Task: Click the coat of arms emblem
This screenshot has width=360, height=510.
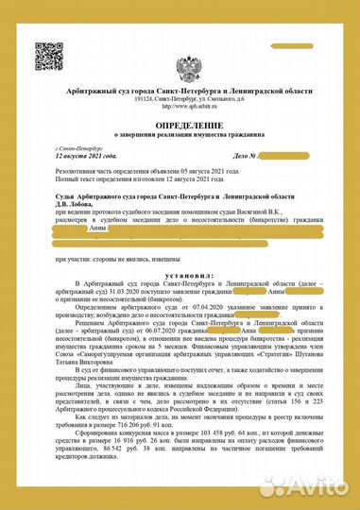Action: pyautogui.click(x=186, y=69)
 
